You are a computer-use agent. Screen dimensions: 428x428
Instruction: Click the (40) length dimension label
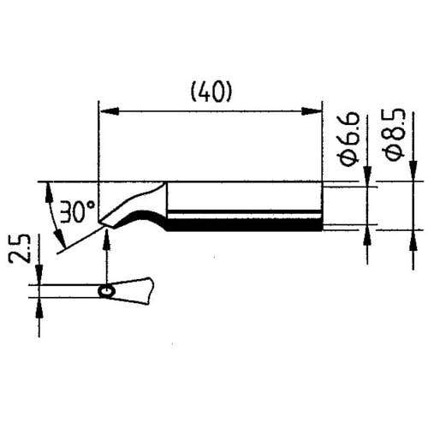pyautogui.click(x=211, y=90)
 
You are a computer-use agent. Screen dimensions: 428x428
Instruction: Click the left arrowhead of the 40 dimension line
pyautogui.click(x=106, y=109)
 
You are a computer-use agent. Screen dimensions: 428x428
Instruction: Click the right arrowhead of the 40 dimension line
pyautogui.click(x=318, y=109)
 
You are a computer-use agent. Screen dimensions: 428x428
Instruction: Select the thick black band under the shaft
pyautogui.click(x=245, y=226)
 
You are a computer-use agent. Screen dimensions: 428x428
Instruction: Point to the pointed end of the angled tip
pyautogui.click(x=102, y=225)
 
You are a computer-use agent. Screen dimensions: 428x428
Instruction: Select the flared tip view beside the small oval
pyautogui.click(x=135, y=291)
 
